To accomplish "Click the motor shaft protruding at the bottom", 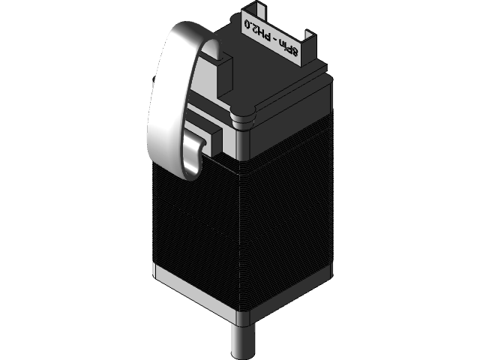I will [x=241, y=341].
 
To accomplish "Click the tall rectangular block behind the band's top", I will [x=225, y=71].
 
